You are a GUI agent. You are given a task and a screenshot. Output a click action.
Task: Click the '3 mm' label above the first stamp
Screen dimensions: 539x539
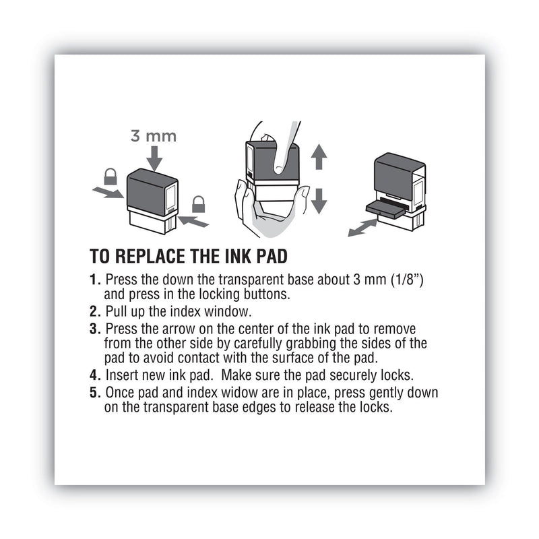153,136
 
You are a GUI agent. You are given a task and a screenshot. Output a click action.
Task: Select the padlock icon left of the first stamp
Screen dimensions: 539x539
110,177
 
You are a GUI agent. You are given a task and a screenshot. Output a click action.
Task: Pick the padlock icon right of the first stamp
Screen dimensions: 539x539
199,203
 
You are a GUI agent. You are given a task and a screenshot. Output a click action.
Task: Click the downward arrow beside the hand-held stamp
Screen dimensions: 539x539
319,200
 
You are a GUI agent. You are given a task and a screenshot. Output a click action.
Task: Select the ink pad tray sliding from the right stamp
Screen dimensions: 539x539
385,208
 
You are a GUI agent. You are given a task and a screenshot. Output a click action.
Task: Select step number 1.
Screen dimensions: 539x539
95,280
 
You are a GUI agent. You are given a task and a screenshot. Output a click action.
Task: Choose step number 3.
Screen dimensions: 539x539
95,329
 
